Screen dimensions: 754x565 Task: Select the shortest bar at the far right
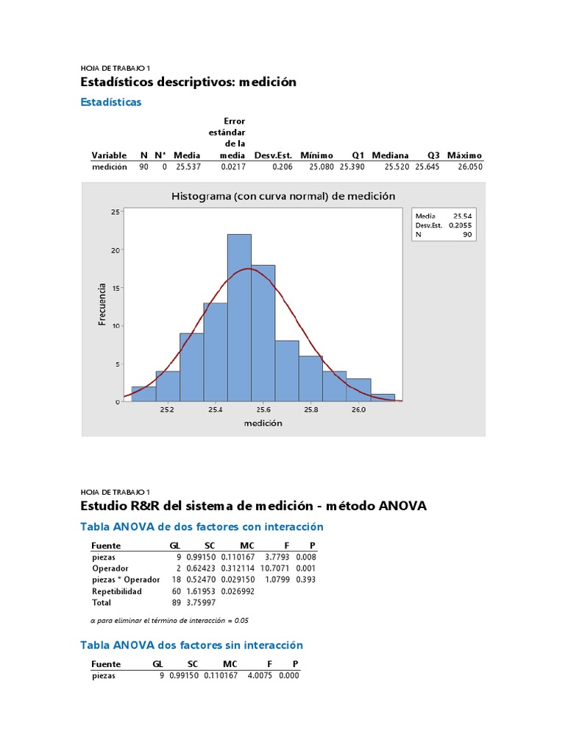pyautogui.click(x=383, y=398)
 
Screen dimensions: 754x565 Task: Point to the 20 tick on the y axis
pyautogui.click(x=115, y=250)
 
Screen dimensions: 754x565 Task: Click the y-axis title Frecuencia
pyautogui.click(x=102, y=304)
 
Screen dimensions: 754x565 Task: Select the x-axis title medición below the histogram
pyautogui.click(x=263, y=423)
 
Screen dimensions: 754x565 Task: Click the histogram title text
pyautogui.click(x=283, y=196)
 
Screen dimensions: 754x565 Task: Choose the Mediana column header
pyautogui.click(x=390, y=155)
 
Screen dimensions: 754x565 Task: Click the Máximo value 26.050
pyautogui.click(x=470, y=167)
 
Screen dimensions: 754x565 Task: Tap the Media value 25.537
pyautogui.click(x=188, y=167)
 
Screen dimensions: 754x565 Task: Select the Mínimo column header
pyautogui.click(x=316, y=155)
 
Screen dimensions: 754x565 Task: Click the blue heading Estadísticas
pyautogui.click(x=110, y=102)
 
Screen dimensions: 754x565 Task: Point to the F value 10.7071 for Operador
pyautogui.click(x=274, y=568)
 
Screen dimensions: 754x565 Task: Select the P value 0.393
pyautogui.click(x=306, y=579)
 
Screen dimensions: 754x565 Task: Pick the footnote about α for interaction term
pyautogui.click(x=169, y=620)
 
